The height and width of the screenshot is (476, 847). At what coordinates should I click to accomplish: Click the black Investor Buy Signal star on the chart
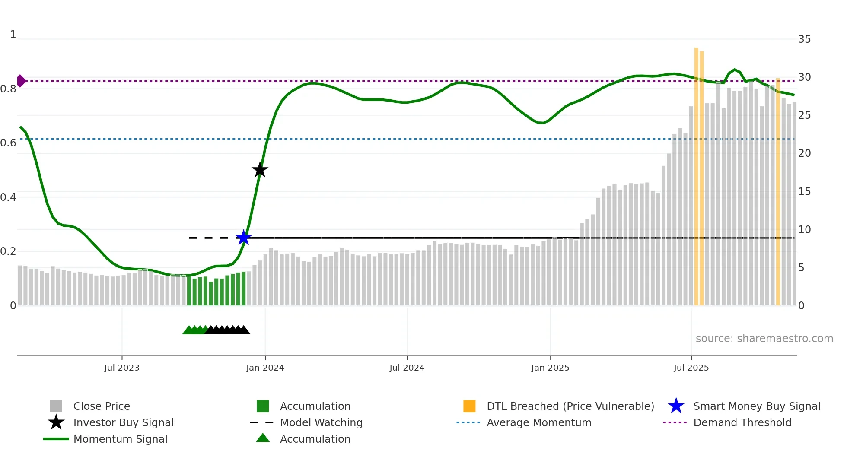tap(260, 170)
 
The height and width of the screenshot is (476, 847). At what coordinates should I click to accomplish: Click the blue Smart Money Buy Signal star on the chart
tap(244, 238)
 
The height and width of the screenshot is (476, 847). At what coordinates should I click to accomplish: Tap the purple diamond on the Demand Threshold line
tap(21, 81)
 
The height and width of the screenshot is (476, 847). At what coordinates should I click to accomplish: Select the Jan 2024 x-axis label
tap(265, 368)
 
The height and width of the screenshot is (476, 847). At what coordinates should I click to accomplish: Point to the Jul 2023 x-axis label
tap(122, 368)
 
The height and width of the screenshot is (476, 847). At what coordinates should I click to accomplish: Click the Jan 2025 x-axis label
tap(550, 368)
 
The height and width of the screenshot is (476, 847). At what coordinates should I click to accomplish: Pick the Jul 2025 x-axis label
tap(691, 368)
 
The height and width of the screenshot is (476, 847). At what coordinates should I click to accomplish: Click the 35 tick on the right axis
tap(804, 39)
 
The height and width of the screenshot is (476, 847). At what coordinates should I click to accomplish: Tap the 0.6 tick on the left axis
tap(8, 143)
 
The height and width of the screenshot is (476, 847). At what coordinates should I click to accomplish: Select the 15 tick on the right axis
tap(804, 192)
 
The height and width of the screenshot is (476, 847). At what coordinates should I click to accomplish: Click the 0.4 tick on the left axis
tap(8, 197)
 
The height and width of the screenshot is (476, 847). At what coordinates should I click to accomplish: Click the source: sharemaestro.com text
tap(764, 339)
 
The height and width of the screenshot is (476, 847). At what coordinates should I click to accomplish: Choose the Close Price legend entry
tap(102, 406)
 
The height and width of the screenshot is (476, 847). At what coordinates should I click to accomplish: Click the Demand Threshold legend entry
tap(742, 422)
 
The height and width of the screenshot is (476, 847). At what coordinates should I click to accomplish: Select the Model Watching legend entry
tap(321, 422)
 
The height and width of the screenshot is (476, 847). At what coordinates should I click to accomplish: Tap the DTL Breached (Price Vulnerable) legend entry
tap(570, 406)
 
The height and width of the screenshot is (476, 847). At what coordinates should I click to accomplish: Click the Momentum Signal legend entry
tap(120, 439)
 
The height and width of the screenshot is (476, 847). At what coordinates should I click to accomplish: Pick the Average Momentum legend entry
tap(539, 422)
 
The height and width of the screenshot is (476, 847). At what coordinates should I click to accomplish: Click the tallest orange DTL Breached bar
tap(696, 173)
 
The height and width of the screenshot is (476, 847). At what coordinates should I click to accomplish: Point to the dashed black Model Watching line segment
tap(212, 238)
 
